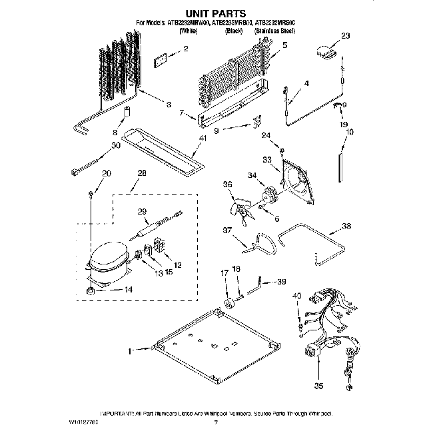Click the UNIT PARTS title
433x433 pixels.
216,13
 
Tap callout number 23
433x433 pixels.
345,36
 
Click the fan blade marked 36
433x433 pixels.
238,205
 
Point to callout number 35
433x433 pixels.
318,385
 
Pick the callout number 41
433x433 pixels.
204,139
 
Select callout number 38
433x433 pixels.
345,226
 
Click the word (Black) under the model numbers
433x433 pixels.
233,31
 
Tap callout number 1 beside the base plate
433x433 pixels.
131,348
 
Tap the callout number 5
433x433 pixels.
285,46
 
